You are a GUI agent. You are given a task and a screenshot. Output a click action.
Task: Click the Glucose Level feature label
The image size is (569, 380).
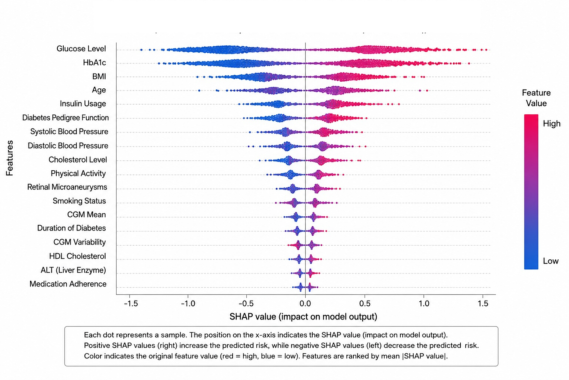pos(81,49)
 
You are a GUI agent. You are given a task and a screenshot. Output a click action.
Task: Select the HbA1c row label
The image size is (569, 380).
pos(94,63)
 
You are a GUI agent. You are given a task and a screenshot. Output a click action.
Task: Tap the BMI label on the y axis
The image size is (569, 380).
pos(99,76)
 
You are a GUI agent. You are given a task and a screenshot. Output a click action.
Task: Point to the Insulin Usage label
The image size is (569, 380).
pos(83,104)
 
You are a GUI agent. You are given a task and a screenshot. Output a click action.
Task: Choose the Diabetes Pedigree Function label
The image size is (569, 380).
pos(65,118)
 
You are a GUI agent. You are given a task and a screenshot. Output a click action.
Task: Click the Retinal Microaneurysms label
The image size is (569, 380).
pos(67,187)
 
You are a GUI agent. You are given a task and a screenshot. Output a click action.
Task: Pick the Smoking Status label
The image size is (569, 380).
pos(79,201)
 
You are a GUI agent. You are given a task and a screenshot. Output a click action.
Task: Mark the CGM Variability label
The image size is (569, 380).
pos(79,242)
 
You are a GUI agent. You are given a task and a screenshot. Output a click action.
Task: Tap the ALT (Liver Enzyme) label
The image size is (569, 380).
pos(73,270)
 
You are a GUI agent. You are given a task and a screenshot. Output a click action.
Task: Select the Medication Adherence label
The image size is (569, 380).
pos(68,284)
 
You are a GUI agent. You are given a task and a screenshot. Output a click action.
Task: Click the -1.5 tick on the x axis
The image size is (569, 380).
pos(131,304)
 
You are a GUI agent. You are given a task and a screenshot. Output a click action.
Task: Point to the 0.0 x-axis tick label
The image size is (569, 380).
pos(305,304)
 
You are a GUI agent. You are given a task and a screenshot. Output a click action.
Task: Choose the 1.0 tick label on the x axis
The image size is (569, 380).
pos(424,304)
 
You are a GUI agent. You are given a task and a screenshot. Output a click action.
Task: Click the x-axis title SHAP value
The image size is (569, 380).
pos(303,317)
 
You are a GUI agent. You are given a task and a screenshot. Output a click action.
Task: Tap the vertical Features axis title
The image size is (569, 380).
pos(9,158)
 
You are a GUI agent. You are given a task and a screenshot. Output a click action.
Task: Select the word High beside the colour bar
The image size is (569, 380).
pos(552,124)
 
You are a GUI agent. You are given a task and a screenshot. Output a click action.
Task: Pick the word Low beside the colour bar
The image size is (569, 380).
pos(550,261)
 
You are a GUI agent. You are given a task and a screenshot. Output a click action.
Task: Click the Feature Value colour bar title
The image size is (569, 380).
pos(536,98)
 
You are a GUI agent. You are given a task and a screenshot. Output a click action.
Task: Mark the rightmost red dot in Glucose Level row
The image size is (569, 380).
pos(486,50)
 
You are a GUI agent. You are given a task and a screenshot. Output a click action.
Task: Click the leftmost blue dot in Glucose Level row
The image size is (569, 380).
pos(142,50)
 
